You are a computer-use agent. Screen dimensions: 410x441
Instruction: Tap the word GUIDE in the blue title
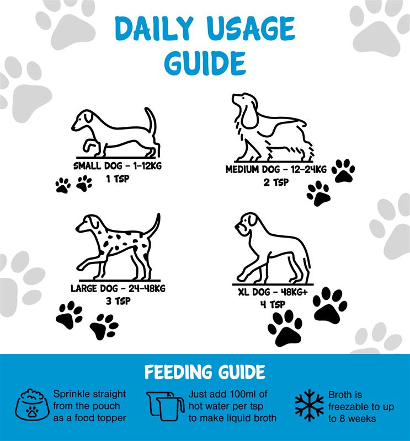coord(205,62)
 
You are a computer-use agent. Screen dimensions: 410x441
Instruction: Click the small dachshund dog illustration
coord(115,132)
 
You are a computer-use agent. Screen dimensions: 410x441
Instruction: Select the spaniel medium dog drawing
coord(272,127)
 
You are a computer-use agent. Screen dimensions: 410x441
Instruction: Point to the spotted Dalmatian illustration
coord(118,246)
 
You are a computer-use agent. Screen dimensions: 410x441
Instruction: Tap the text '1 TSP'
coord(118,179)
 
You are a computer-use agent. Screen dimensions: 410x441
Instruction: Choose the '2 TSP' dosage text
coord(276,182)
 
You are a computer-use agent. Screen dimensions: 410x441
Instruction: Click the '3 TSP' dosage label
coord(118,301)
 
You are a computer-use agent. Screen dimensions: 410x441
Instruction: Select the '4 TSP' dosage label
coord(273,305)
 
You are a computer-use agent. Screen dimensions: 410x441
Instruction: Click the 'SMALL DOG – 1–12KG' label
coord(118,166)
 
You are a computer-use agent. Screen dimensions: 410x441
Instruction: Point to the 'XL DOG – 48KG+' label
coord(273,292)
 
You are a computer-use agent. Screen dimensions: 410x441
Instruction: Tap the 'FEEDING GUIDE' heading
coord(205,372)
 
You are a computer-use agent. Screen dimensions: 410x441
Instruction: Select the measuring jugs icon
coord(166,406)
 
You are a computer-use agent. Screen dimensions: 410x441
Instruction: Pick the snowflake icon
coord(309,405)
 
